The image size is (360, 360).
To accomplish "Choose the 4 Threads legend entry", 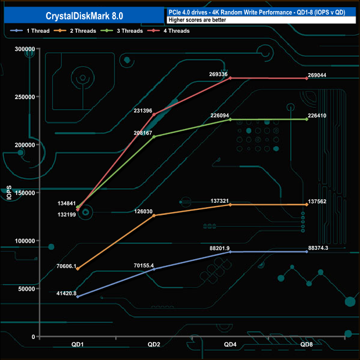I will pyautogui.click(x=173, y=31).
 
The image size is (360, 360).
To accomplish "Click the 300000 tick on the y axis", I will pyautogui.click(x=24, y=49).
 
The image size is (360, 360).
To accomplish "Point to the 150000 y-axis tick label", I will pyautogui.click(x=24, y=193).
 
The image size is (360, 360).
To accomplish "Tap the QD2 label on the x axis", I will pyautogui.click(x=154, y=344).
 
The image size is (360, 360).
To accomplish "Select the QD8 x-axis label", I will pyautogui.click(x=307, y=344).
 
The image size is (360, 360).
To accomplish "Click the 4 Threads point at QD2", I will pyautogui.click(x=154, y=114).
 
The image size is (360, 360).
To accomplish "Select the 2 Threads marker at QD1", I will pyautogui.click(x=78, y=269).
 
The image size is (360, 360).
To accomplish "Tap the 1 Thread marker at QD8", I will pyautogui.click(x=307, y=252).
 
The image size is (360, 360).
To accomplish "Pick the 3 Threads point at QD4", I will pyautogui.click(x=230, y=119).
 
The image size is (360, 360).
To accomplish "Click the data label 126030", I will pyautogui.click(x=146, y=210).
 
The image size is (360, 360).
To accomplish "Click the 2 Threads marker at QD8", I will pyautogui.click(x=307, y=205).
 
